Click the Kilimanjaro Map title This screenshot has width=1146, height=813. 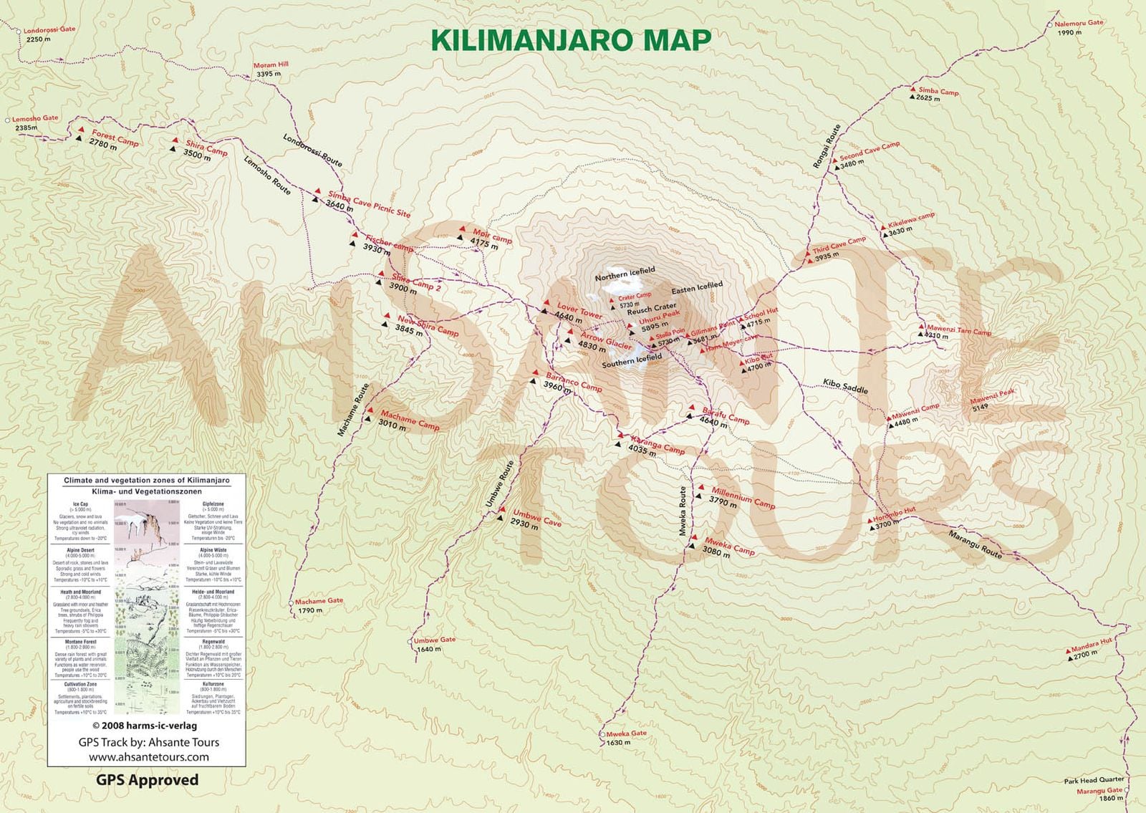[572, 40]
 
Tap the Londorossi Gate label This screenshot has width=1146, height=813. [49, 31]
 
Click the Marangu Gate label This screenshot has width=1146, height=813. [1099, 791]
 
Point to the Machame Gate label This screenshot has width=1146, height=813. [319, 601]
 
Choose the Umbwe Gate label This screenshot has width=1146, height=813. [434, 640]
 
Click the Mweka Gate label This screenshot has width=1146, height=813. [626, 733]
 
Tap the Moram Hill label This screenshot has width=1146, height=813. [271, 65]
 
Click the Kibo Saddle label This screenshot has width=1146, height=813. [845, 386]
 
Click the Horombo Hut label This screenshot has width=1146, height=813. [894, 514]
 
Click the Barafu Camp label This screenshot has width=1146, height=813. [726, 415]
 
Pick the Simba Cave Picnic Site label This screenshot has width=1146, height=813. [369, 203]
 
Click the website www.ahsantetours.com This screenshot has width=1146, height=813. [149, 756]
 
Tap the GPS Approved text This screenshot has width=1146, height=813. [148, 780]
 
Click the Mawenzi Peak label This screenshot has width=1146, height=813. [992, 396]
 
